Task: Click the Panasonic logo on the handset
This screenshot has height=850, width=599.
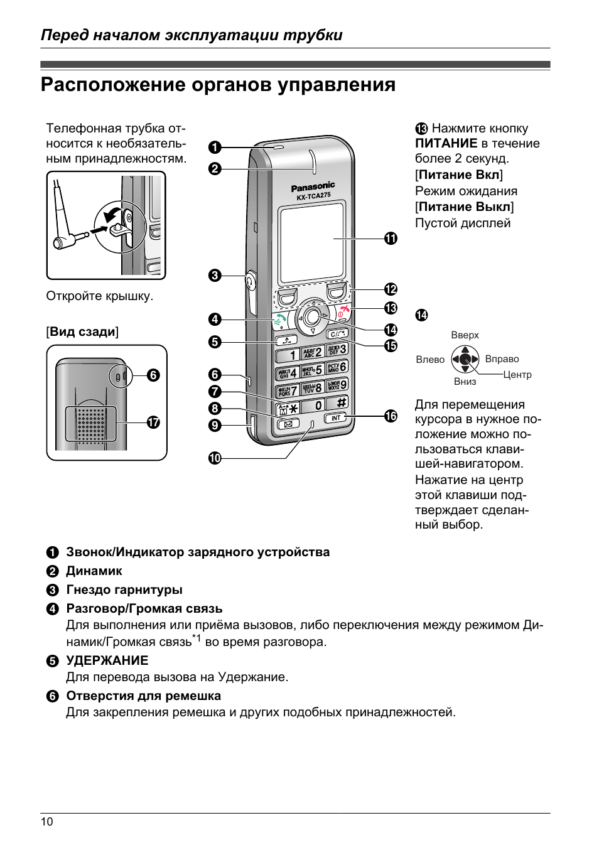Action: click(x=313, y=186)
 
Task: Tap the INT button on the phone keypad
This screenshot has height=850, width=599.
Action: click(x=335, y=418)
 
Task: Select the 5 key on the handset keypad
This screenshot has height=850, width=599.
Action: click(x=313, y=370)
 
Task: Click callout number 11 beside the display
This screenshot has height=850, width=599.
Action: click(x=391, y=239)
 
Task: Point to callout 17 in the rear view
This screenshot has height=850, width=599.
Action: click(x=153, y=423)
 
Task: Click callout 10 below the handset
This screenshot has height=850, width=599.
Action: click(x=215, y=458)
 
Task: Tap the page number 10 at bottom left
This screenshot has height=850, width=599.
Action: click(x=47, y=822)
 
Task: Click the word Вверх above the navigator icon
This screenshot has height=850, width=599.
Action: click(x=465, y=335)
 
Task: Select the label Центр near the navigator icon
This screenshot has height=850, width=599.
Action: click(x=517, y=375)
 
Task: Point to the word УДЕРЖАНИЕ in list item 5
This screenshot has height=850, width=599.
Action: click(x=107, y=660)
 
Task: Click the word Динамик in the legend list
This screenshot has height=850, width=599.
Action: click(x=94, y=571)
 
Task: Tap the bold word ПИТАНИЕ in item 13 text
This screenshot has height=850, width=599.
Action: click(x=446, y=144)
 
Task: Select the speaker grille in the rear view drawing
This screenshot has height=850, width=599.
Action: click(x=92, y=422)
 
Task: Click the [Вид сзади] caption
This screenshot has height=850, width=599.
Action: click(x=82, y=331)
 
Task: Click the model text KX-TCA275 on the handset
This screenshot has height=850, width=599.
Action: click(x=313, y=196)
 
